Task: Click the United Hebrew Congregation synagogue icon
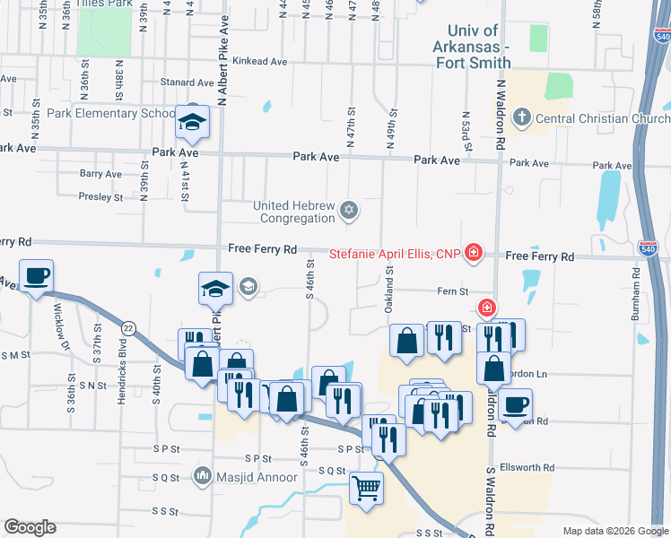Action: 350,211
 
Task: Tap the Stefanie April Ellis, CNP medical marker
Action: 473,256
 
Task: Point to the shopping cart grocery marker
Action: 366,489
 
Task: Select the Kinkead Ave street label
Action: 259,62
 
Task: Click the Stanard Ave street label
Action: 187,82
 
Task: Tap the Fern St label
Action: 451,291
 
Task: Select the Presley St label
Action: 100,196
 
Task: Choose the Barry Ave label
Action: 100,174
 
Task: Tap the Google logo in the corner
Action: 30,527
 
